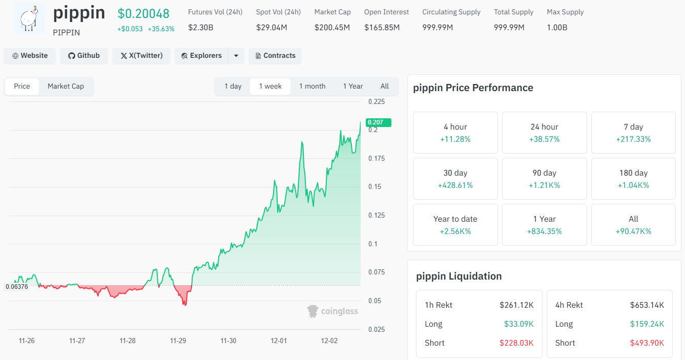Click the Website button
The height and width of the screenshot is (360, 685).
pos(30,56)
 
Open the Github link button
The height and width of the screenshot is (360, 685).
pos(84,56)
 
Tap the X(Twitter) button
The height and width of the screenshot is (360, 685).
pos(141,56)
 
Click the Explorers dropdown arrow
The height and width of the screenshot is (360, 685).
pos(236,56)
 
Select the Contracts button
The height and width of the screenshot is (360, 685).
pos(275,56)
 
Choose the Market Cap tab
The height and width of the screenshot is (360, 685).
pos(66,86)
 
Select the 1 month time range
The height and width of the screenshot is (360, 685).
pos(312,86)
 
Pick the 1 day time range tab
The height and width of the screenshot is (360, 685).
pos(233,86)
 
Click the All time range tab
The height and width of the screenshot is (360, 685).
pos(384,86)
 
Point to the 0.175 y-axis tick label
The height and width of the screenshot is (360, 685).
pos(377,158)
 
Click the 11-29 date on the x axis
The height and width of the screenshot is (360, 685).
pos(178,341)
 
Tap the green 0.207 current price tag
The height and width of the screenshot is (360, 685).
pos(378,122)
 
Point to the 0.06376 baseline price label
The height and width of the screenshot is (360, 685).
pos(17,287)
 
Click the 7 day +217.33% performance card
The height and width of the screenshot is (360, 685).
pos(633,133)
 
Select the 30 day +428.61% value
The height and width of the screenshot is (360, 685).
pos(455,185)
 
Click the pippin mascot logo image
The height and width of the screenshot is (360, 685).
pos(29,18)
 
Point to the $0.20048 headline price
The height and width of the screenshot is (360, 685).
pos(143,13)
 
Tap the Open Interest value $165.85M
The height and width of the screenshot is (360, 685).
pos(382,28)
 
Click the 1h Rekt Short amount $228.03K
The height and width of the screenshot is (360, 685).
pos(516,343)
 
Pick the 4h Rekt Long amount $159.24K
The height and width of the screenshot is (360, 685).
pos(647,324)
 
